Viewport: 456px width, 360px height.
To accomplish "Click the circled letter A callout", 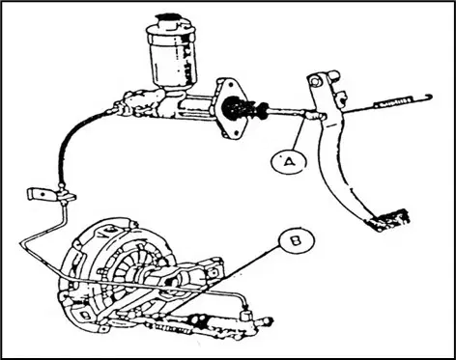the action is (288, 161).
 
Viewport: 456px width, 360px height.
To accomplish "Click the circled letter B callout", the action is (297, 241).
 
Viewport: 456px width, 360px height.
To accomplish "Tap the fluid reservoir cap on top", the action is (171, 23).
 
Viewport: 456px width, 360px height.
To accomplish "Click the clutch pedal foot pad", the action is (389, 220).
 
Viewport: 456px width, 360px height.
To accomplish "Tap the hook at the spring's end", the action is (428, 97).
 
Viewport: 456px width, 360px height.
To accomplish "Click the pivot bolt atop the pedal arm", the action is (314, 81).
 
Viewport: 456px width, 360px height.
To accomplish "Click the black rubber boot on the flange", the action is (240, 108).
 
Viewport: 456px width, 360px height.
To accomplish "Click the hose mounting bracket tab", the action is (41, 194).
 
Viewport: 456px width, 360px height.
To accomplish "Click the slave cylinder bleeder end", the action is (267, 321).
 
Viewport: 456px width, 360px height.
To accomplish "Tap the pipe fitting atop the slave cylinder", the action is (245, 314).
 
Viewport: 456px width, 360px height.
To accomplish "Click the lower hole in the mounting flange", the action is (237, 131).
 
